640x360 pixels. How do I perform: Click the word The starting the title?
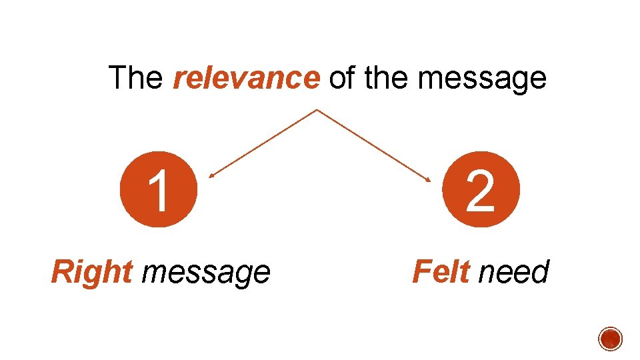(x=135, y=78)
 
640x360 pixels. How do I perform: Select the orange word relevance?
(x=246, y=79)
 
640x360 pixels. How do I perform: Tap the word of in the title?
(x=341, y=78)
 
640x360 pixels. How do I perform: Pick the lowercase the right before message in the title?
(x=387, y=78)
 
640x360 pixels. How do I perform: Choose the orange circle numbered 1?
(x=158, y=189)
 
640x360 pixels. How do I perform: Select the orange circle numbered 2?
(x=481, y=189)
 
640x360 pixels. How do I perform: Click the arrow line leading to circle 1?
(x=263, y=143)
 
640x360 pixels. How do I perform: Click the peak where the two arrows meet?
(x=317, y=109)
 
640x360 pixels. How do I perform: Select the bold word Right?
(x=92, y=272)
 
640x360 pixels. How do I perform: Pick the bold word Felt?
(x=441, y=271)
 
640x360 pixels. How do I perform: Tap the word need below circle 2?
(x=514, y=272)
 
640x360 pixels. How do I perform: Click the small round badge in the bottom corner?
(x=610, y=339)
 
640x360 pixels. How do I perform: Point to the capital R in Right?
(x=62, y=271)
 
